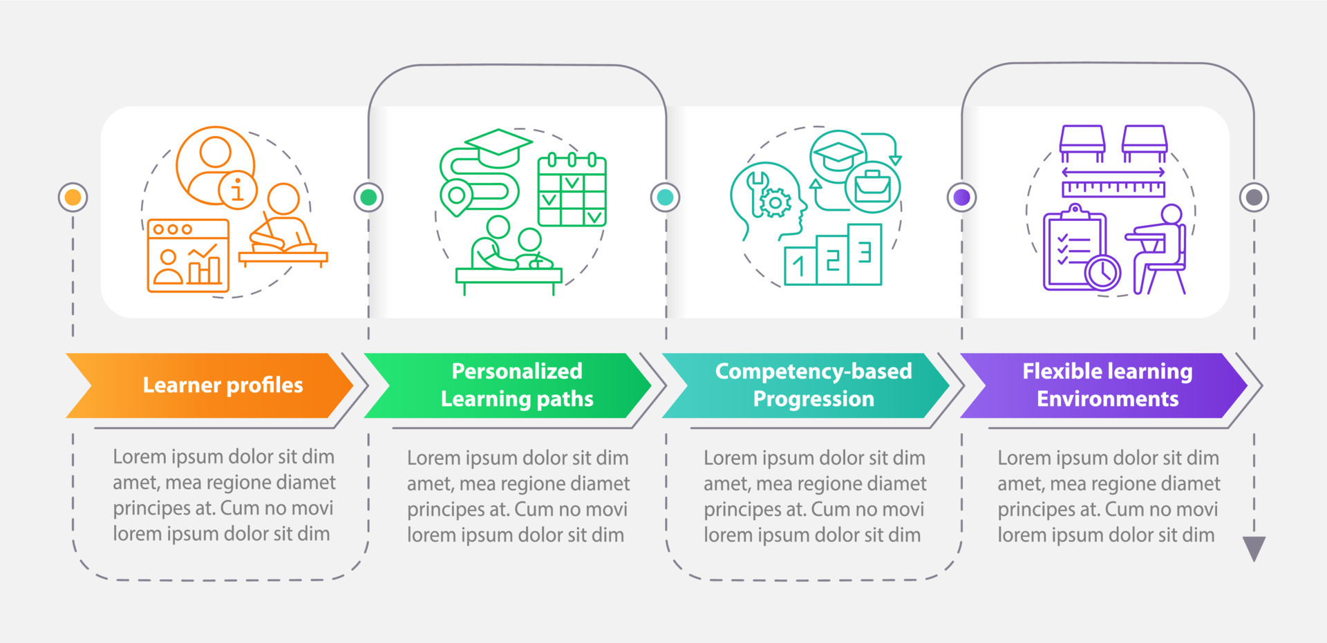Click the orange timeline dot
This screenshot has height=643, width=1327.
coord(73,198)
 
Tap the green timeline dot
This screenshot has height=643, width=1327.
coord(368,198)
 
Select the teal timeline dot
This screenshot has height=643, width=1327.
coord(665,198)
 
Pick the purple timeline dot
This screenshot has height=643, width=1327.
coord(961,198)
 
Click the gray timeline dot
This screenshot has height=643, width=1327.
coord(1254,198)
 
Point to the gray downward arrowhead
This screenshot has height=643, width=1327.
coord(1254,548)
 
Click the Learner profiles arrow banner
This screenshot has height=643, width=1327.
coord(214,385)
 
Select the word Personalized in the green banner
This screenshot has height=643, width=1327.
coord(516,372)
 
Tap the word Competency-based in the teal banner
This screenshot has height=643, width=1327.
coord(813,372)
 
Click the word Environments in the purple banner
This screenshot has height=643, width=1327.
coord(1107,399)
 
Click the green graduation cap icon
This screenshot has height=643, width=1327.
coord(498,144)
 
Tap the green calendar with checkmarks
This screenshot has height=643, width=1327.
coord(572,191)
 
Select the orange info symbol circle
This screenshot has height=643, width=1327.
coord(237,189)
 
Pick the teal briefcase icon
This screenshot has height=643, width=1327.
coord(872,186)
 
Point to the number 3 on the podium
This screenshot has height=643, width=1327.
coord(865,253)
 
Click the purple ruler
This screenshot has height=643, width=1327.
coord(1113,188)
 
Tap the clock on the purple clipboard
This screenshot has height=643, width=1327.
coord(1102,272)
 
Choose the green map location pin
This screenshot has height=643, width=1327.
coord(456,196)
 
